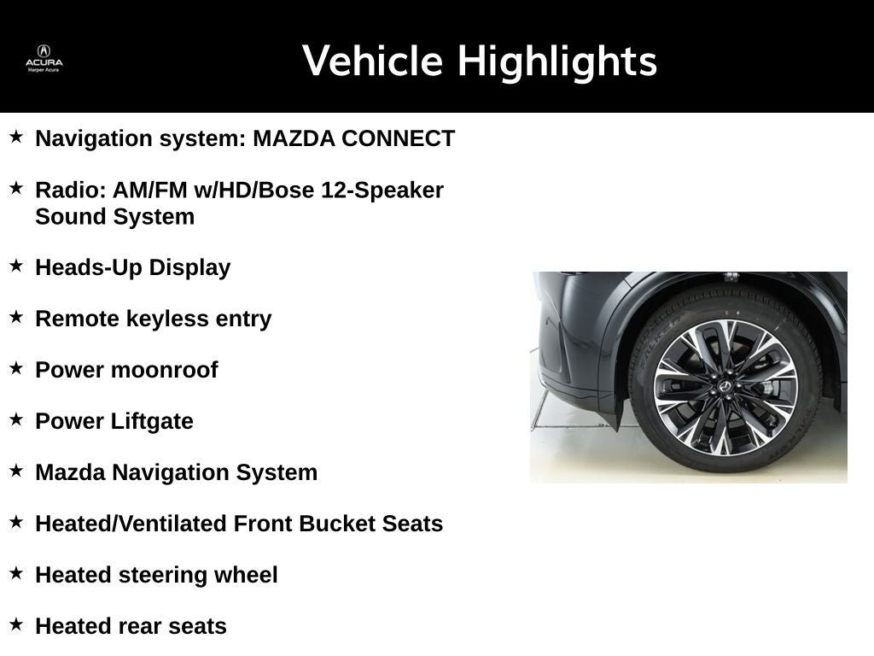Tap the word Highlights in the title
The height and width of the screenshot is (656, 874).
(556, 61)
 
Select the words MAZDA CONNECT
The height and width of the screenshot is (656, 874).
(353, 138)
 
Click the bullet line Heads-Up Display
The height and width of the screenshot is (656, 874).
(132, 267)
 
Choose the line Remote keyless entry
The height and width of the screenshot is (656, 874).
(153, 319)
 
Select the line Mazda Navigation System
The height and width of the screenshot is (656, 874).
(176, 472)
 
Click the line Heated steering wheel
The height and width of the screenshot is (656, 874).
(156, 575)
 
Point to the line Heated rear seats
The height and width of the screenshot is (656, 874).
(131, 626)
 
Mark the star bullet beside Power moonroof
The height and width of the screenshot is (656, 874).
(16, 368)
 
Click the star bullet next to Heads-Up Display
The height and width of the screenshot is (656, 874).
(16, 266)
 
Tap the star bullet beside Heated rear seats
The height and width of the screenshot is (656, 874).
(16, 624)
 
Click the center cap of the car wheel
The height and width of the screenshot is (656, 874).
(725, 387)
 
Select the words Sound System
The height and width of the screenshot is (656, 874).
(114, 216)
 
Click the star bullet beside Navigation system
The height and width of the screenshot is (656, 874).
(16, 137)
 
